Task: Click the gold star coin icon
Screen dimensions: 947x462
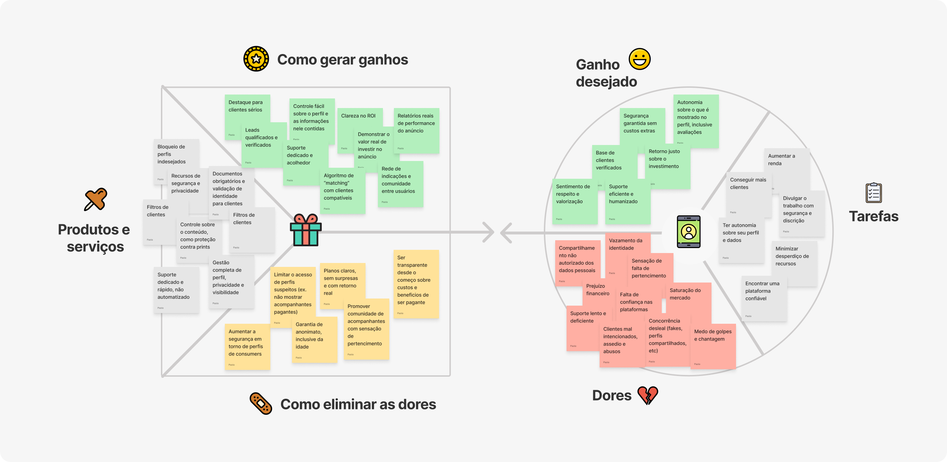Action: click(256, 59)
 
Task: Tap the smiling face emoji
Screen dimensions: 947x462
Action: click(639, 59)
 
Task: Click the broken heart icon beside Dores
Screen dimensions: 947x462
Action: click(648, 396)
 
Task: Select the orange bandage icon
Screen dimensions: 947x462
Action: click(261, 403)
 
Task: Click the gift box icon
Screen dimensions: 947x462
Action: click(305, 230)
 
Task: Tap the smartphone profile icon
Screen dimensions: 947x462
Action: click(688, 232)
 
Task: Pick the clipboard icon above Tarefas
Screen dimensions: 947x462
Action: click(873, 192)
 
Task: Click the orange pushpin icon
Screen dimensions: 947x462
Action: click(96, 199)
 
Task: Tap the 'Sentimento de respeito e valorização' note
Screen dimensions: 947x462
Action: click(574, 200)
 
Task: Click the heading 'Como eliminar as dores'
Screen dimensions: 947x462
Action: click(358, 404)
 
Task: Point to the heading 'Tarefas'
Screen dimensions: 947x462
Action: click(873, 216)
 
